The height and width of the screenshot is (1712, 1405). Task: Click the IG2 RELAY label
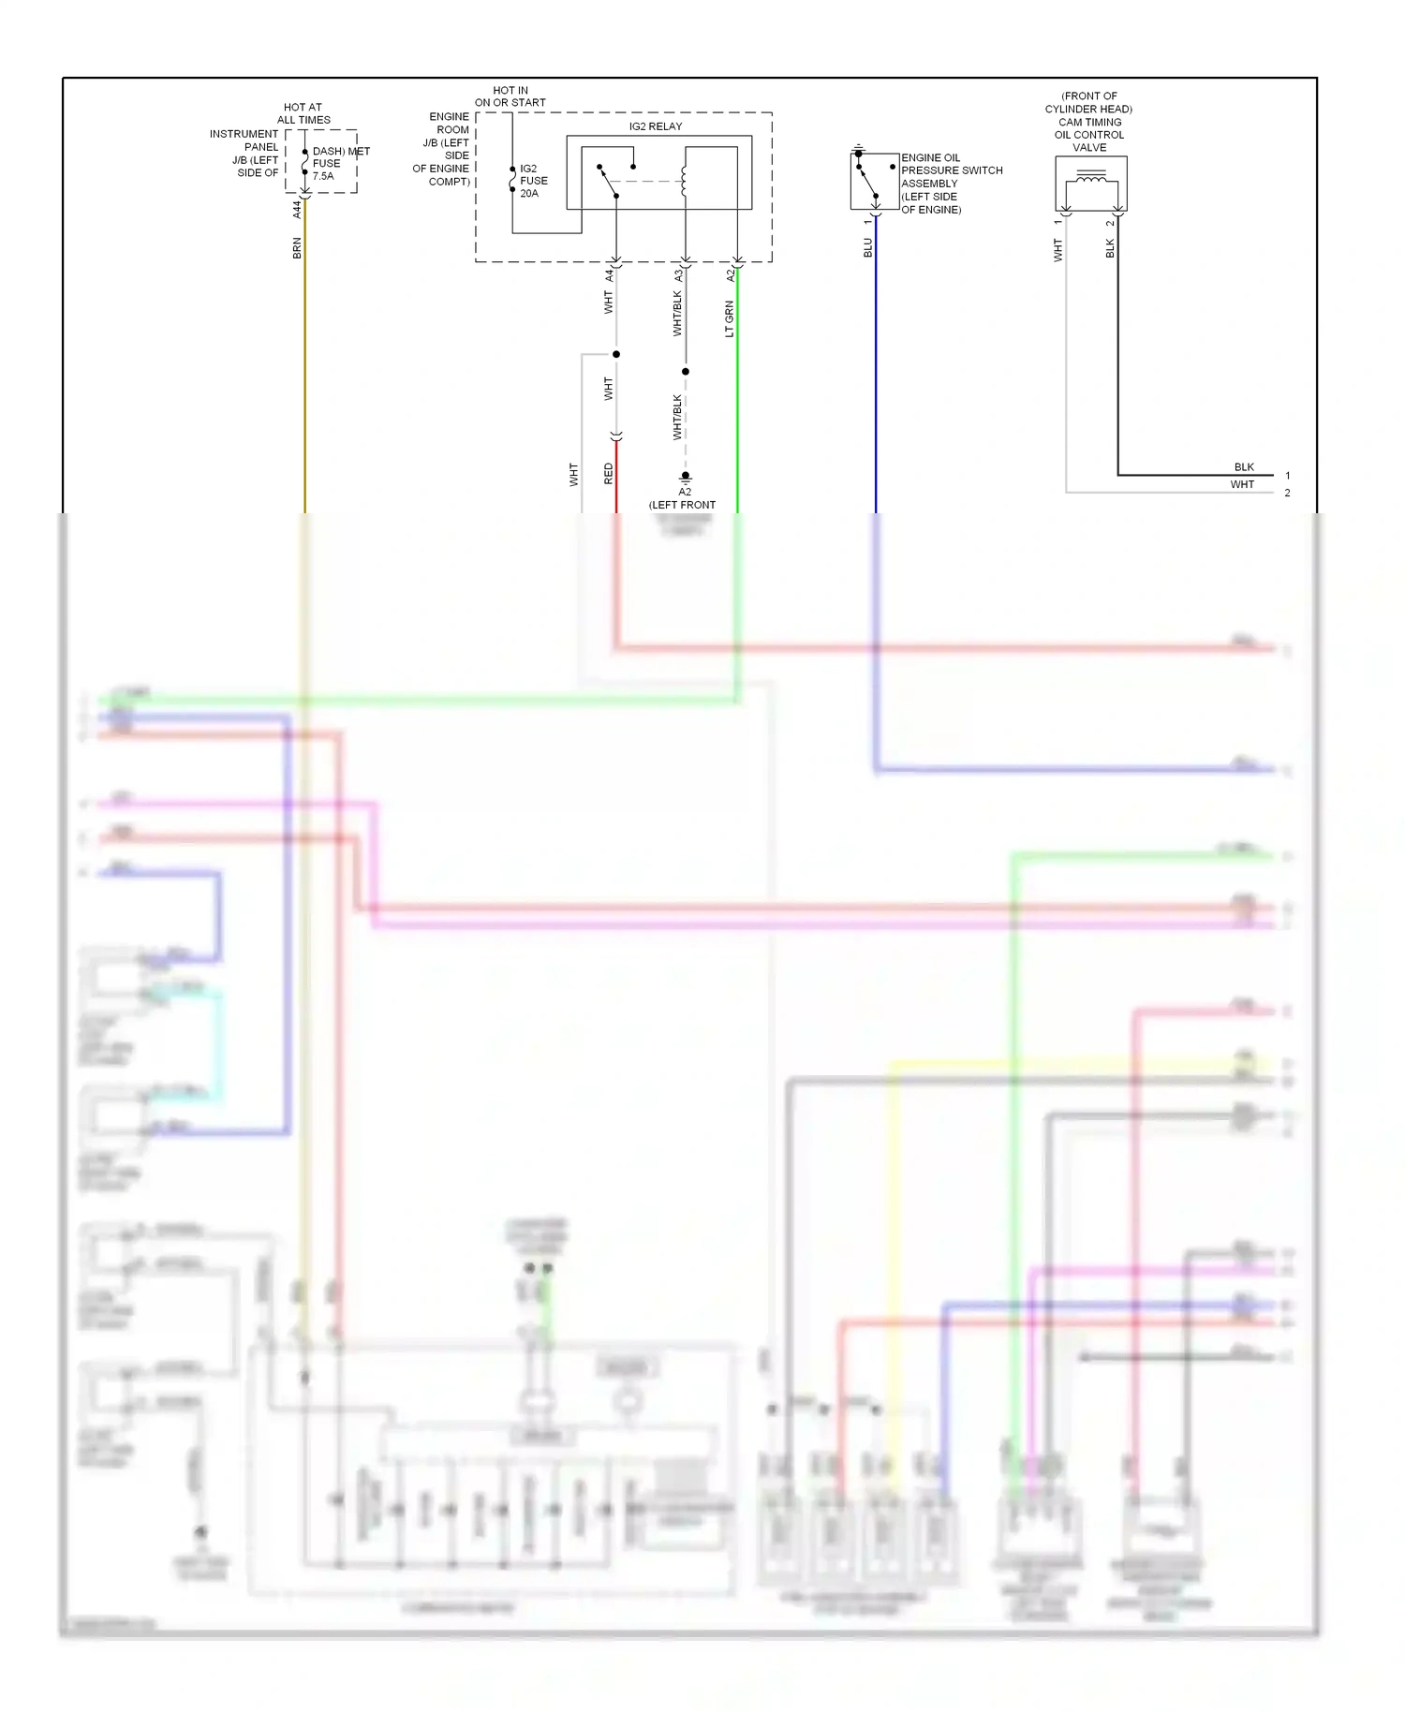[x=655, y=126]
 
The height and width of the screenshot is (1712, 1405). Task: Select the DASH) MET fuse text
[x=340, y=151]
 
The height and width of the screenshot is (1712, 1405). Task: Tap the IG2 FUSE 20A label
[x=533, y=181]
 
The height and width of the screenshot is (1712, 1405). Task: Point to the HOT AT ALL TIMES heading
[x=303, y=113]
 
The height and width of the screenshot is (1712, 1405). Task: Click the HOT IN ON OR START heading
[x=510, y=96]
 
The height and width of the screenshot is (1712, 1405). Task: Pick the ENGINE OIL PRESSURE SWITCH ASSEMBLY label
[x=950, y=184]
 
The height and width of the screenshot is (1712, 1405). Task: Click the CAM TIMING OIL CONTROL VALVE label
[x=1089, y=128]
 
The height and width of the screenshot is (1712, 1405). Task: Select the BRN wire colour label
[x=297, y=248]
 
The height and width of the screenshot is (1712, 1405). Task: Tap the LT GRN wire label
[x=729, y=318]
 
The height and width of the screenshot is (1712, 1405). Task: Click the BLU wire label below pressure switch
[x=867, y=247]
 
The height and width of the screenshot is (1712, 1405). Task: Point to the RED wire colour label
[x=608, y=474]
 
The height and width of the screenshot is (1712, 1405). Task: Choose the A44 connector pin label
[x=297, y=209]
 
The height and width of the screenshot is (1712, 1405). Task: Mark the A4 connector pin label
[x=608, y=275]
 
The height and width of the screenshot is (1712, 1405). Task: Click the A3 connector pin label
[x=677, y=275]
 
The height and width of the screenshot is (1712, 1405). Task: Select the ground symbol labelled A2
[x=685, y=478]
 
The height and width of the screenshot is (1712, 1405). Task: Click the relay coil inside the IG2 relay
[x=684, y=181]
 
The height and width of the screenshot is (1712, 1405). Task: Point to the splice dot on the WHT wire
[x=615, y=354]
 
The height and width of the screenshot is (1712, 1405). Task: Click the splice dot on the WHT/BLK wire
[x=685, y=372]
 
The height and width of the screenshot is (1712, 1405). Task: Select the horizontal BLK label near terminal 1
[x=1243, y=467]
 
